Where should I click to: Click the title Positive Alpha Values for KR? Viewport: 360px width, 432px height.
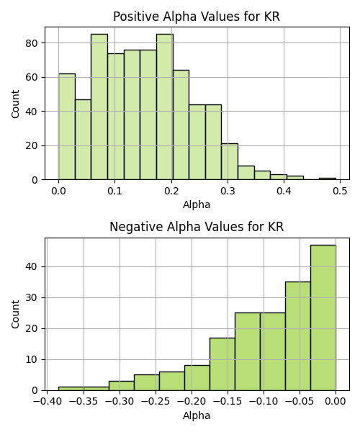197,17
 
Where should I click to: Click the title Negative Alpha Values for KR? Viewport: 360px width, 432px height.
197,227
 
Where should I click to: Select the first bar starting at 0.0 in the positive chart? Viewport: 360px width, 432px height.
67,127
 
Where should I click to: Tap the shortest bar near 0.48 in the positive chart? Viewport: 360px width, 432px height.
328,179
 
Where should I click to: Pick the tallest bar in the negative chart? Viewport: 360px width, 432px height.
323,318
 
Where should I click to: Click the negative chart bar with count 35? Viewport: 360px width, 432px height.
298,336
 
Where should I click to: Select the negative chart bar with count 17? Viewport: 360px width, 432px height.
222,364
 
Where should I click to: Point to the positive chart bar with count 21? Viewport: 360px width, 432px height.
230,162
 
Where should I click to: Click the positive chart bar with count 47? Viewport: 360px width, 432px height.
84,140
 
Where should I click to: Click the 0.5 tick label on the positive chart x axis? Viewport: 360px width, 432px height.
340,191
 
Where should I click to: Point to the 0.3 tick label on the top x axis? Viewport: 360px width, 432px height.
228,191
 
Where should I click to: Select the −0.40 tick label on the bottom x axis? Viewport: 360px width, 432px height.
48,402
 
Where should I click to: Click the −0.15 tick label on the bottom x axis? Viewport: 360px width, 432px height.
228,402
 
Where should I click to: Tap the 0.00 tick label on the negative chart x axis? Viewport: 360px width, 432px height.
336,402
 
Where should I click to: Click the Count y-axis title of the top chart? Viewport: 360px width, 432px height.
15,104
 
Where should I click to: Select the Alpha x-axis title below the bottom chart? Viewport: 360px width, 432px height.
197,415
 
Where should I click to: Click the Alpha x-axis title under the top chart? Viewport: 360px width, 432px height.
197,204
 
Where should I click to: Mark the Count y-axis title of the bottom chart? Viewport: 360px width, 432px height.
15,315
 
